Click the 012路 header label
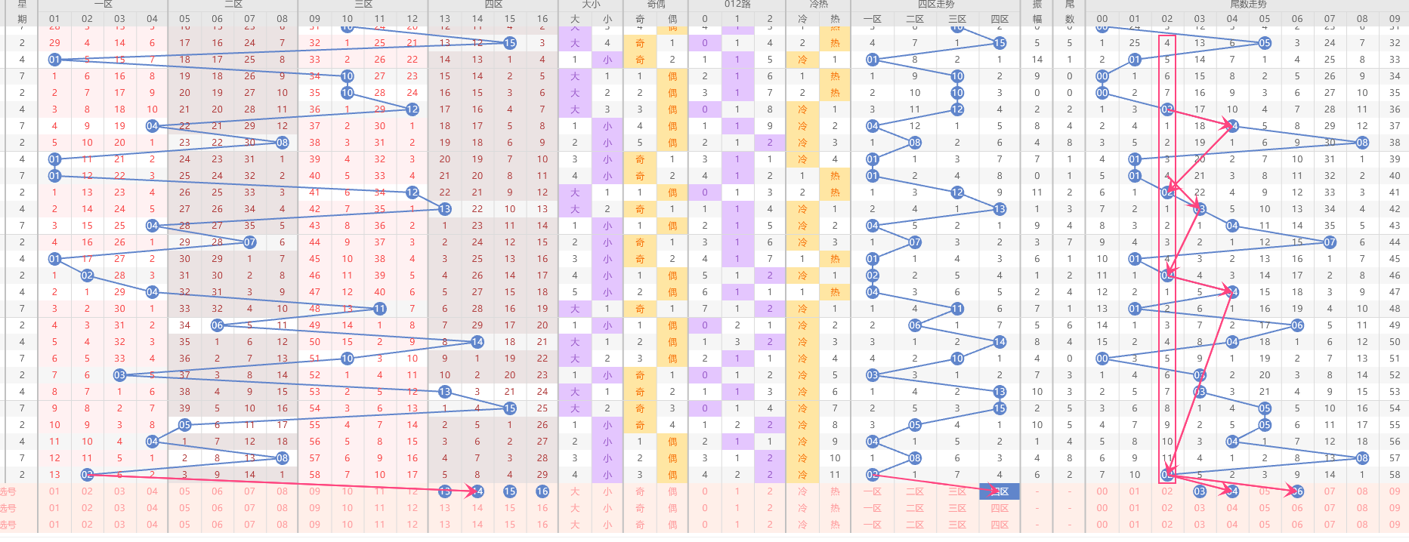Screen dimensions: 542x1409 pos(737,4)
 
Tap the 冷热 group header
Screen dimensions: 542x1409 pos(818,4)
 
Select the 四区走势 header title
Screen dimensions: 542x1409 pos(935,4)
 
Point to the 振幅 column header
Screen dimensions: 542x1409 pos(1037,11)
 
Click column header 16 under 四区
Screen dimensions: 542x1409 pos(542,19)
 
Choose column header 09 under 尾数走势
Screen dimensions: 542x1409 pos(1395,19)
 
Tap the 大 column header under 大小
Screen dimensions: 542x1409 pos(575,19)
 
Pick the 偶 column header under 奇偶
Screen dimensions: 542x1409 pos(672,19)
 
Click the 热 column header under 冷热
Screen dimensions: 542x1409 pos(835,19)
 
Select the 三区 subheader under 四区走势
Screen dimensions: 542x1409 pos(957,19)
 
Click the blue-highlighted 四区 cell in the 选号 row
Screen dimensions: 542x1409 pos(1000,491)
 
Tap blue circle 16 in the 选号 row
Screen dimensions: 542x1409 pos(542,491)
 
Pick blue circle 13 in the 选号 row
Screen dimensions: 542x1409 pos(445,491)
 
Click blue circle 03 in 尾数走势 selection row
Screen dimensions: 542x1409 pos(1200,491)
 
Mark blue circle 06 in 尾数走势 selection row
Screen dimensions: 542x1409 pos(1297,491)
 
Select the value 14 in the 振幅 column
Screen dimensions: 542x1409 pos(1037,60)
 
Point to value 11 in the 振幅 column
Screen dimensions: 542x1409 pos(1037,192)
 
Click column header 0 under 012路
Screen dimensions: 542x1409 pos(705,19)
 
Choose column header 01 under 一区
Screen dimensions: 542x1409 pos(54,19)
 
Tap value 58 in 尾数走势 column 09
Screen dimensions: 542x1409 pos(1395,475)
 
